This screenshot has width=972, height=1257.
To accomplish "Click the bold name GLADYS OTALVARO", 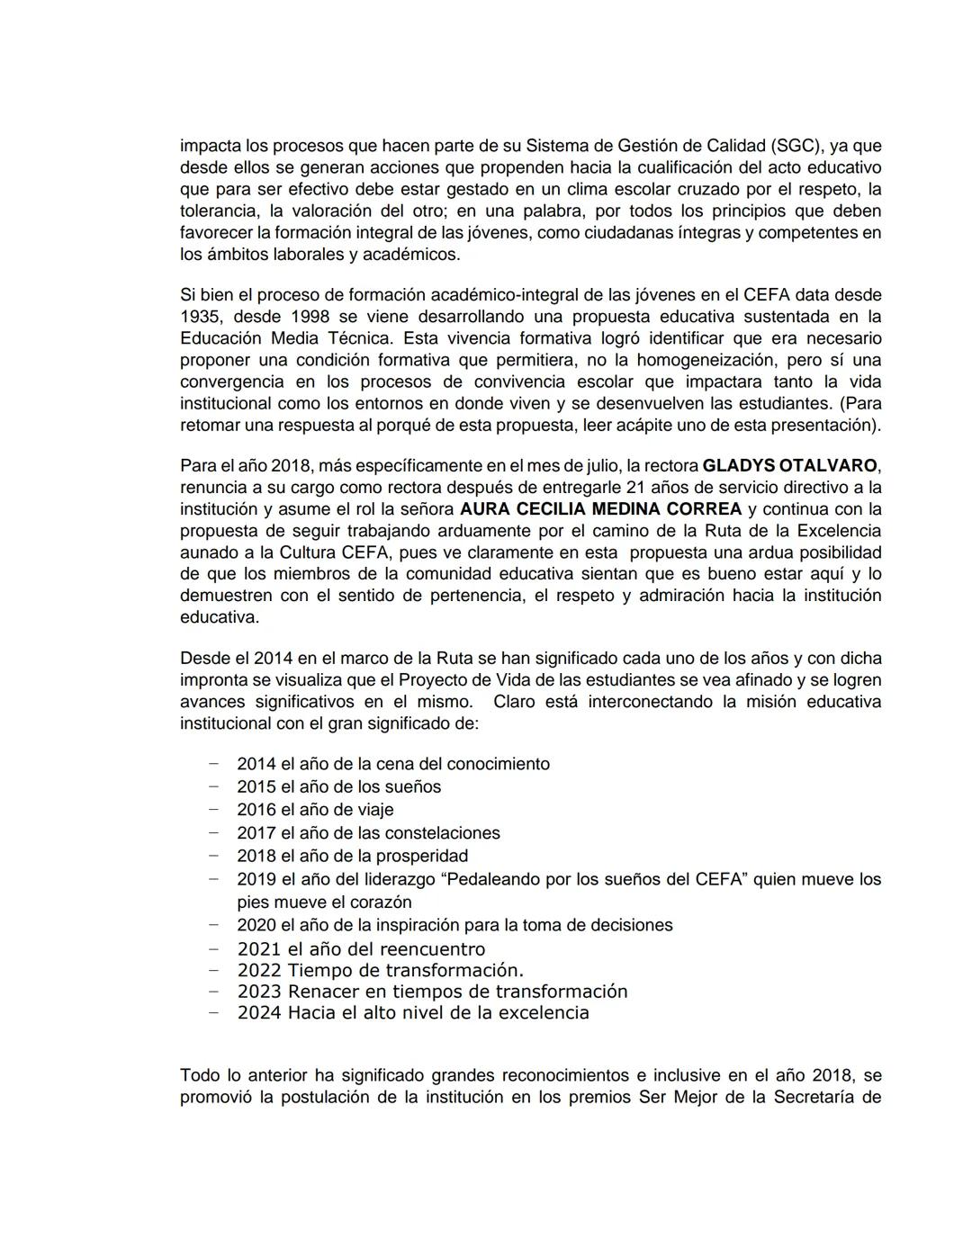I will tap(788, 466).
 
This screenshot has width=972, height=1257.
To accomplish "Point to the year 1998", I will tap(310, 317).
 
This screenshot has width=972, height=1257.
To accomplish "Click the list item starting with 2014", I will tap(392, 764).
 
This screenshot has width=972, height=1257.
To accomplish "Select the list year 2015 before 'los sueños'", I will tap(256, 787).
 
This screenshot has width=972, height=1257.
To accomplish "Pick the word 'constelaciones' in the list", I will tap(442, 833).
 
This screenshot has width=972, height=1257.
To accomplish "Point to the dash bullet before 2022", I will tap(213, 970).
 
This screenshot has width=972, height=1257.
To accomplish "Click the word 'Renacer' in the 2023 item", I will tap(322, 992).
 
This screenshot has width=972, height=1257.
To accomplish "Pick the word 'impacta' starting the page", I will tap(210, 146).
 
